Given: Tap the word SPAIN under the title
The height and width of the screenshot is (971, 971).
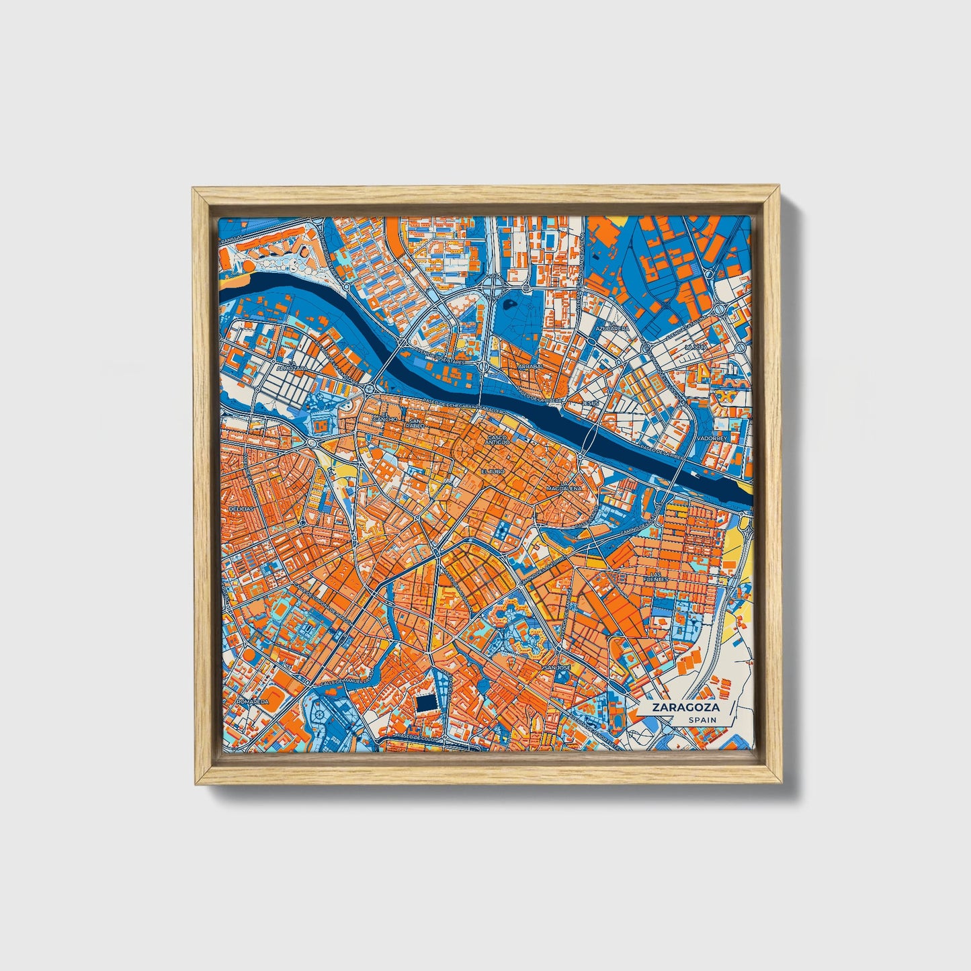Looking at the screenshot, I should (702, 720).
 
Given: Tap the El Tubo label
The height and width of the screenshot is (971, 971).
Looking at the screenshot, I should (491, 472).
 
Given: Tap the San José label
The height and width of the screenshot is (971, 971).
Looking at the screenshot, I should (556, 669).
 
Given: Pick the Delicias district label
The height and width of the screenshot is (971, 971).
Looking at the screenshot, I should (241, 510).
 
